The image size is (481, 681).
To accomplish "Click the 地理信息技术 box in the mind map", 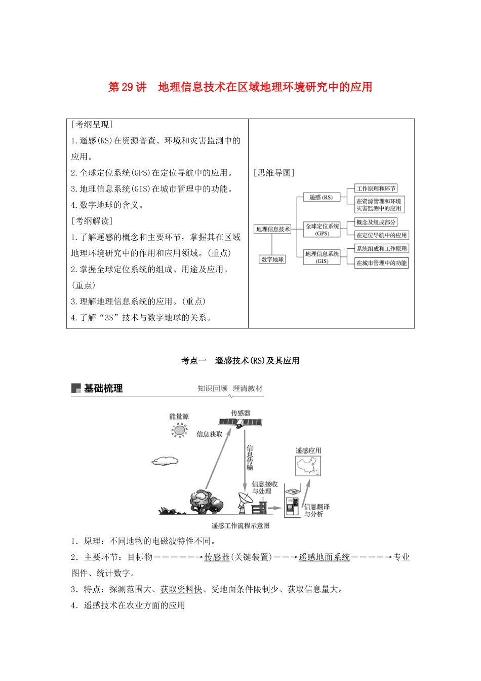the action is tap(272, 229).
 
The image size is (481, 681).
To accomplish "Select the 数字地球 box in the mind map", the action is tap(272, 259).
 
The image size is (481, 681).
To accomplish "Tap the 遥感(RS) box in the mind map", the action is tap(321, 197).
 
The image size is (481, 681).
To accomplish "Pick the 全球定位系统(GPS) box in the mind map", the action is tap(322, 230).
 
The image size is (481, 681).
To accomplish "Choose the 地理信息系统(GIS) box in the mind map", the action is tap(322, 257).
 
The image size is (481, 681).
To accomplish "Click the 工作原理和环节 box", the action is tap(376, 188).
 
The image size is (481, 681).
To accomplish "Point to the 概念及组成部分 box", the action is tap(376, 222).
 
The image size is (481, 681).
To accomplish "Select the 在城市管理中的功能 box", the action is tap(381, 263).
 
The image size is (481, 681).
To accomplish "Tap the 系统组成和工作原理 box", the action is tap(381, 249).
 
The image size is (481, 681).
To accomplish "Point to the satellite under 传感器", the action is tap(240, 422).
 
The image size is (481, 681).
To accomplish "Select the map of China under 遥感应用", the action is tap(308, 466).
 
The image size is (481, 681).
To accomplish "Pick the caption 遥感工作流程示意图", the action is tap(240, 525).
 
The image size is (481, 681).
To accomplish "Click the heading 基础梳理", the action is tap(103, 389).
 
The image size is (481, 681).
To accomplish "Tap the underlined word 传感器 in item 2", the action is tap(217, 557).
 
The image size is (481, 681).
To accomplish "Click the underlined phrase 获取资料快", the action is tap(181, 589).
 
